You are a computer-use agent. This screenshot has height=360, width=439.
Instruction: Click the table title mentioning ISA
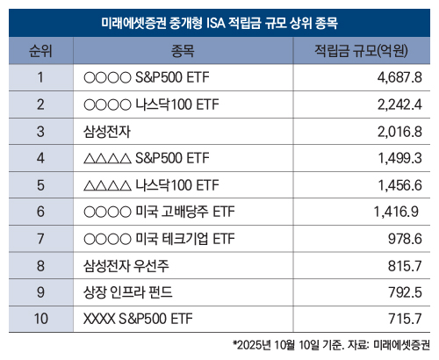pos(219,18)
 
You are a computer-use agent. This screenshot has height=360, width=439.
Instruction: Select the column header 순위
pos(40,48)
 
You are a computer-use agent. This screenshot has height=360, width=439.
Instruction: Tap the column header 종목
pos(183,48)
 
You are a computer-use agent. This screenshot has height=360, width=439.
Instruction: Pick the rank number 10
pos(40,319)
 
